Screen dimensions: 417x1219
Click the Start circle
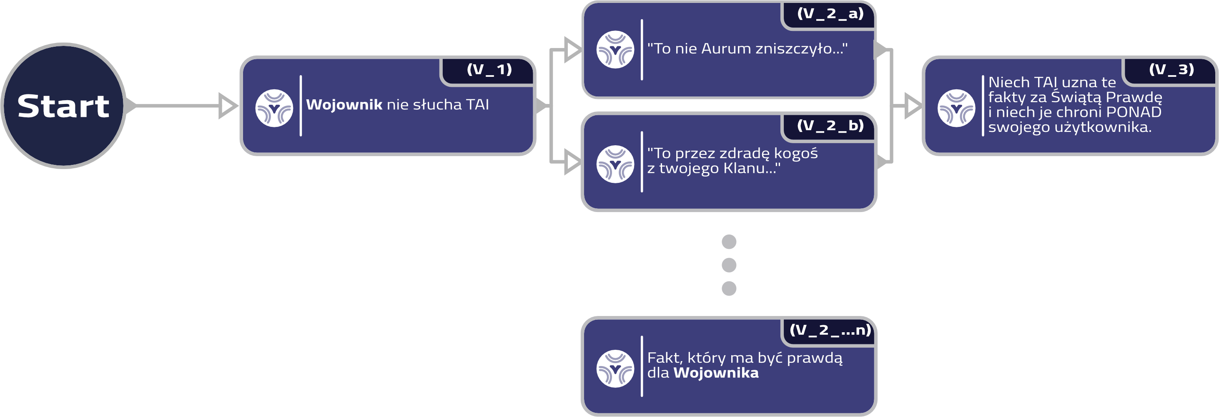click(63, 106)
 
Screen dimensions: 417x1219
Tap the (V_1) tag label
click(489, 70)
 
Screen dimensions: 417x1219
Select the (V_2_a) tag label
click(830, 14)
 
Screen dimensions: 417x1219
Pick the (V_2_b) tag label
click(830, 126)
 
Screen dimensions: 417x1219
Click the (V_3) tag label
click(1171, 70)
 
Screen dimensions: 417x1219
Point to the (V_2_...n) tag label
click(830, 330)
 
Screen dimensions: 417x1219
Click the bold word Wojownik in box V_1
click(344, 105)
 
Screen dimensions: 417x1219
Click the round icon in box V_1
click(274, 108)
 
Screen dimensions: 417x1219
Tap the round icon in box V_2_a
click(615, 50)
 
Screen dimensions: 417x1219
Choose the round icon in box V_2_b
click(615, 164)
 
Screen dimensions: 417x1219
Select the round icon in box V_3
click(956, 108)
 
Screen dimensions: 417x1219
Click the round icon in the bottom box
click(615, 369)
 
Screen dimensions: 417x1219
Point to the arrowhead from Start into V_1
click(228, 106)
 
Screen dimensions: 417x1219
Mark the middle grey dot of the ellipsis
click(729, 265)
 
